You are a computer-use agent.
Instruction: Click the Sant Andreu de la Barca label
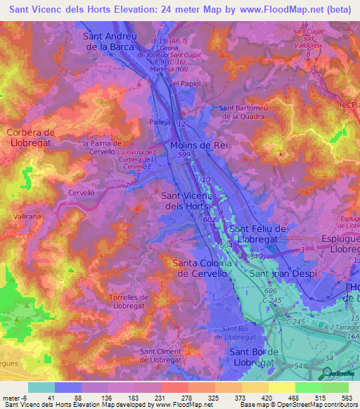click(110, 41)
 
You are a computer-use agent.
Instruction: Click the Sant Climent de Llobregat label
click(168, 356)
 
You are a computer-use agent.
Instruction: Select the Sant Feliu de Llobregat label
click(258, 234)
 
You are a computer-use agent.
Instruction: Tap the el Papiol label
click(186, 82)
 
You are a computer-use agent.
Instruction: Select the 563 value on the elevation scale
click(347, 397)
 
